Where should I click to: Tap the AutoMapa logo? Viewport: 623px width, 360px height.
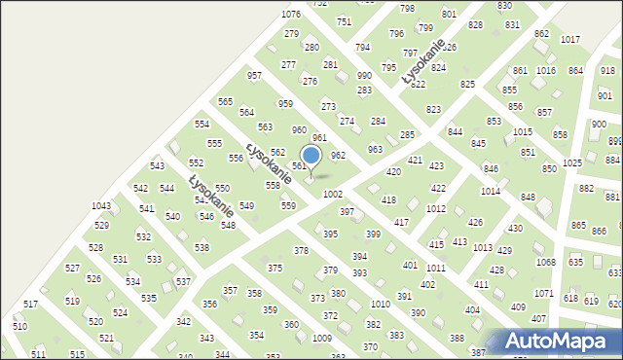coord(558,341)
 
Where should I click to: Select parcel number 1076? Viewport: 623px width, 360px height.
coord(290,14)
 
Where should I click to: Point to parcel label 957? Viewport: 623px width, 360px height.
coord(255,76)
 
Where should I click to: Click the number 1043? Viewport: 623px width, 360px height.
coord(101,205)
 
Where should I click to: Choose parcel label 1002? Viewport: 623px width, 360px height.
coord(333,196)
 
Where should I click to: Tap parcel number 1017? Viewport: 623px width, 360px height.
coord(570,39)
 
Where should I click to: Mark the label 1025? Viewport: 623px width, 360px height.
coord(572,162)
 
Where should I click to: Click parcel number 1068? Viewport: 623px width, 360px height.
coord(545,262)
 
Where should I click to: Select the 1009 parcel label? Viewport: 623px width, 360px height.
coord(321,338)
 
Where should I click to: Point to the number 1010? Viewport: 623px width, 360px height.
coord(380,305)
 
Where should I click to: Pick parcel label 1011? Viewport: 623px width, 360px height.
coord(435,268)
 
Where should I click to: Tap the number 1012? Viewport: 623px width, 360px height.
coord(436,209)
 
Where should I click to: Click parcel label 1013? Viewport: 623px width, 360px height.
coord(482,248)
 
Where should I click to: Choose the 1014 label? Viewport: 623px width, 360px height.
coord(491,192)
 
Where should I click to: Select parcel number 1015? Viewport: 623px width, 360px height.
coord(523,131)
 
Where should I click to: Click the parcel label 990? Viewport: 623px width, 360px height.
coord(364,76)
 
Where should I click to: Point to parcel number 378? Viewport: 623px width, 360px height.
coord(301,251)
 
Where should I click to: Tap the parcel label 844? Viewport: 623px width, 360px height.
coord(455,131)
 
